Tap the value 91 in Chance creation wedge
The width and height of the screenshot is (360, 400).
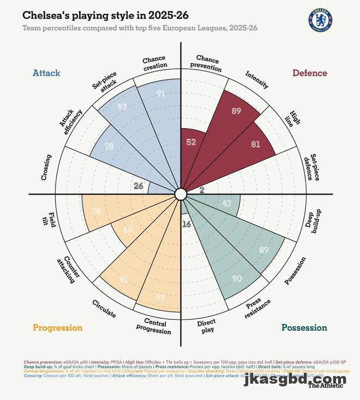click(160, 94)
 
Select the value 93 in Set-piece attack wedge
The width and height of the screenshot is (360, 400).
click(122, 107)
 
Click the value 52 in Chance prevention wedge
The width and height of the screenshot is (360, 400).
click(191, 142)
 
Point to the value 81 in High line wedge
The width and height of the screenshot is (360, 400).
click(256, 144)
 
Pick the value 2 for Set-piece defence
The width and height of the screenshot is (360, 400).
click(202, 190)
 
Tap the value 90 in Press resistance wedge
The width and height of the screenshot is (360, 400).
click(237, 278)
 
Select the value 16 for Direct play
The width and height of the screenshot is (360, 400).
click(187, 224)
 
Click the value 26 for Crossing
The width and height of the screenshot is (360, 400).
click(139, 186)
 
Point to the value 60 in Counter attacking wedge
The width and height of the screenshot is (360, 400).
click(128, 229)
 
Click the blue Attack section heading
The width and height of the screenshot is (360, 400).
click(46, 73)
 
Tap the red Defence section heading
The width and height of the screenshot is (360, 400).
click(310, 73)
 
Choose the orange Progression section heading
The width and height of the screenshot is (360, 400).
click(57, 328)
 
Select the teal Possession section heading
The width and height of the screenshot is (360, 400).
click(304, 328)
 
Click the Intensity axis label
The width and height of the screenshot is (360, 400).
click(257, 80)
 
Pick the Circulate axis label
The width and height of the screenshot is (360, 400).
click(104, 308)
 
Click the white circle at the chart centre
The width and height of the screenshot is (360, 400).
click(181, 194)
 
